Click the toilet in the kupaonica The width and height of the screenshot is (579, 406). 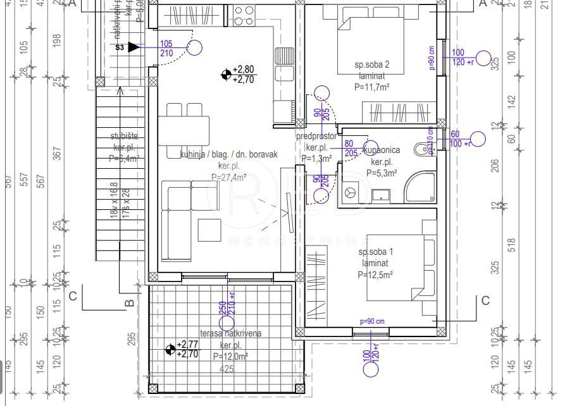pos(420,150)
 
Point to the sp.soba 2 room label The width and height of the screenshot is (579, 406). pos(371,65)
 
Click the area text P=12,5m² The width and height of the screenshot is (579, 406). pos(375,274)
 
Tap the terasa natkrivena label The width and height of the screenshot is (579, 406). pos(231,333)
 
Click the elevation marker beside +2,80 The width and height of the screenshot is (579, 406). pos(226,75)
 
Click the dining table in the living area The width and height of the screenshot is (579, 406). pos(184,130)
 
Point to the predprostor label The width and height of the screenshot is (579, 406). pos(316,137)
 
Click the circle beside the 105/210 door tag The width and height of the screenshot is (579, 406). pos(194,47)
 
